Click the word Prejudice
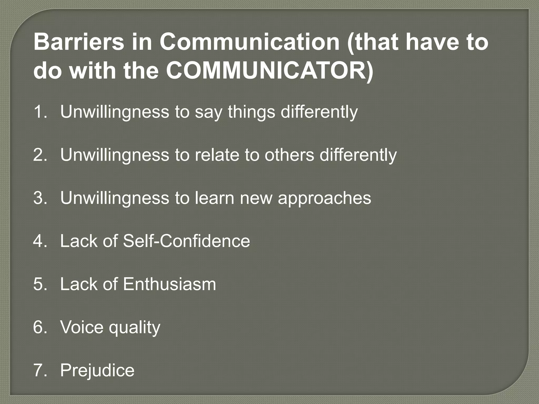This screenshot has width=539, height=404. [x=97, y=370]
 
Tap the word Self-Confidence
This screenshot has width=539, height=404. [x=186, y=241]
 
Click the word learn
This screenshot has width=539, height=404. [x=214, y=198]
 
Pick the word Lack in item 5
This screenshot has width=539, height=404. [x=79, y=284]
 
